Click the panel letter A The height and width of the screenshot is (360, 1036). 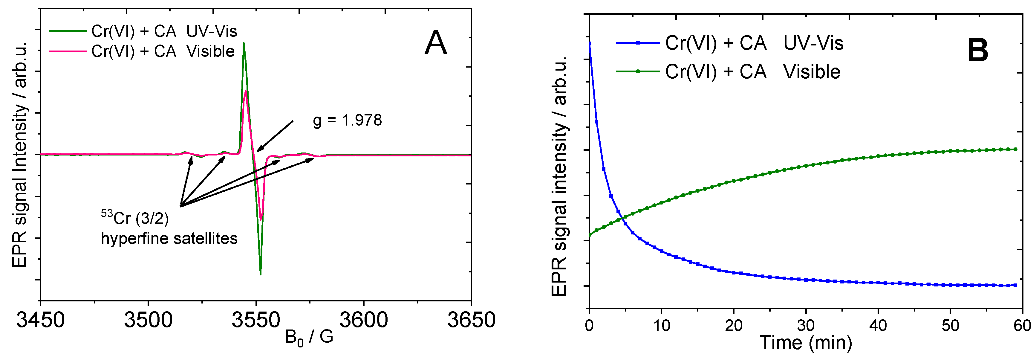(436, 43)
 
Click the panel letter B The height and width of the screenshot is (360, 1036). (977, 51)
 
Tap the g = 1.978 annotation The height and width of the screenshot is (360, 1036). (347, 120)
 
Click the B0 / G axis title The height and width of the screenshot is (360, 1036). (309, 337)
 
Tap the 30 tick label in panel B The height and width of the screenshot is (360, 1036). (806, 325)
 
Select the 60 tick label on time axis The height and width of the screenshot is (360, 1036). (1022, 325)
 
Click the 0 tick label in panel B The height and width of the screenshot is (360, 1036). (589, 325)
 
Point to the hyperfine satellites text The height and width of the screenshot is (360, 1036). (169, 239)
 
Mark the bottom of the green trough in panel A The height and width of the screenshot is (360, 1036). (261, 274)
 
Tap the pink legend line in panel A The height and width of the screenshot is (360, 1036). (67, 51)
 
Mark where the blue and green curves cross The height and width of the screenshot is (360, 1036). (622, 218)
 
